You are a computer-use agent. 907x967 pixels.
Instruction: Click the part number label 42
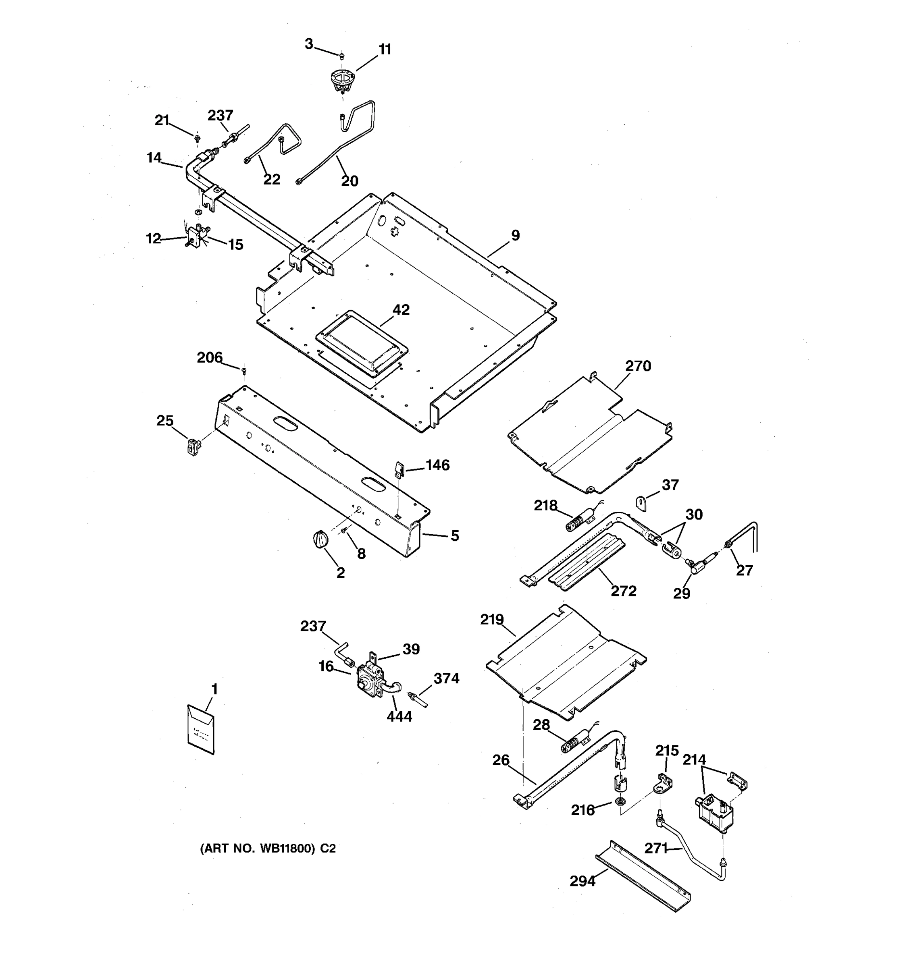point(401,310)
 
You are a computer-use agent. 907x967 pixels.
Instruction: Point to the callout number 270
point(638,366)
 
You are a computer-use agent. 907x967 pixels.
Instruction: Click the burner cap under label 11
point(342,81)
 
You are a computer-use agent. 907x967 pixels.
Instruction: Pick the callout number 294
point(582,881)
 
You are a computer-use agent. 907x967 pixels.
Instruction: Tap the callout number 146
point(437,465)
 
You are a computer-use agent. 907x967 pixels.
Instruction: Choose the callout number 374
point(446,679)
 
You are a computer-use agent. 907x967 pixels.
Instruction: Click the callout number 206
point(209,357)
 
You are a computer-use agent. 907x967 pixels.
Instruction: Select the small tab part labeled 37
point(643,502)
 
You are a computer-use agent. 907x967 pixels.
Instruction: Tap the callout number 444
point(399,716)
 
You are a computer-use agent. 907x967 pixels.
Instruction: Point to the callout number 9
point(515,235)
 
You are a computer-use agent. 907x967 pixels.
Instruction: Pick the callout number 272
point(623,591)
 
